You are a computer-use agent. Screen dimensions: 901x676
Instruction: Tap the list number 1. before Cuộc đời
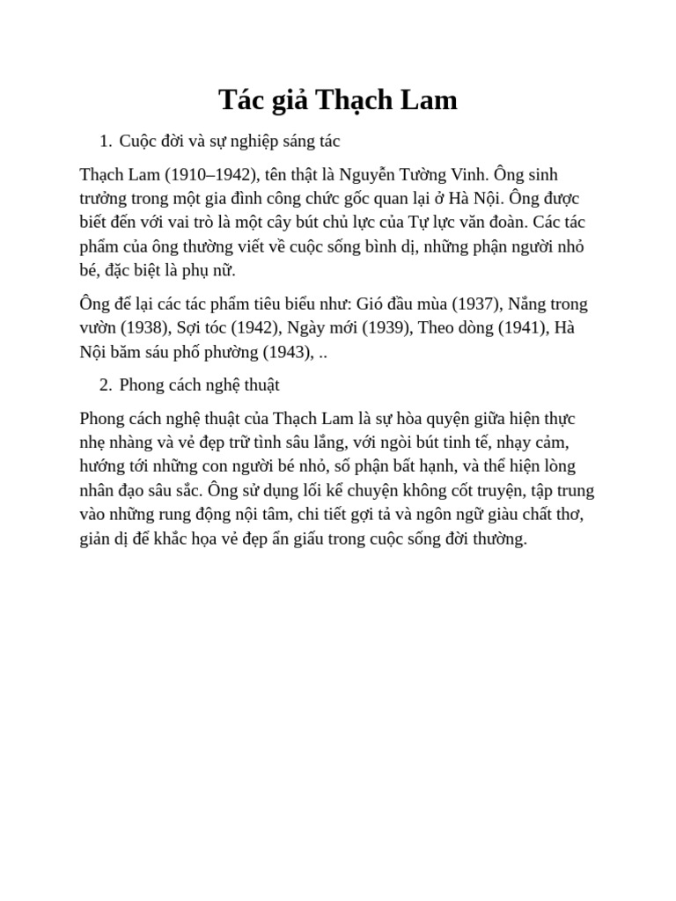(106, 141)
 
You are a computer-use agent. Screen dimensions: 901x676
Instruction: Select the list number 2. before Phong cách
(106, 385)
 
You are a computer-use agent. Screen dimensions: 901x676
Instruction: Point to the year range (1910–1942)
(212, 174)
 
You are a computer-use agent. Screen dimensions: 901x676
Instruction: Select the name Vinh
(466, 174)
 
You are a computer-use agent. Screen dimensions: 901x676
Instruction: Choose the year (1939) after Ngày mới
(385, 328)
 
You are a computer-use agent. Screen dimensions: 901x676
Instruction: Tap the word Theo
(437, 328)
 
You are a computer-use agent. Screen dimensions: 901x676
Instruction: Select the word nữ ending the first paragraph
(222, 269)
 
